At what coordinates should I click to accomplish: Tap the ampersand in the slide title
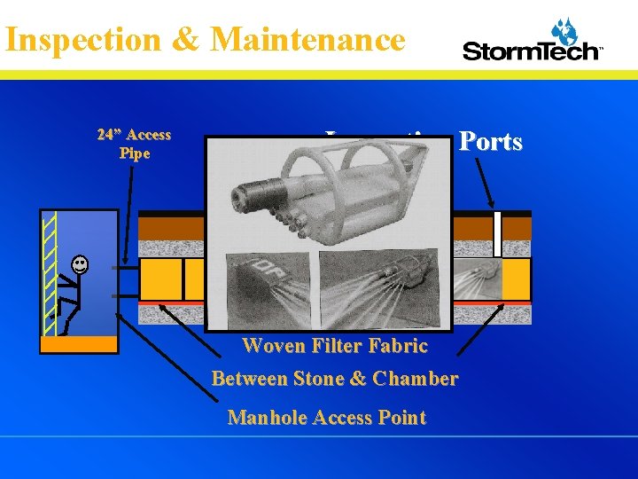181,40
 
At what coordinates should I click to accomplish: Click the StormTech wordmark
532,51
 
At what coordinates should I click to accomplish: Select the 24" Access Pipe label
135,144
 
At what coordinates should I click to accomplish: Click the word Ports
490,142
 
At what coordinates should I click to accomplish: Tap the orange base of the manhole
79,344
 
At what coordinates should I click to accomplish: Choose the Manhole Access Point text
327,418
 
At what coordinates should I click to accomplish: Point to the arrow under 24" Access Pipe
129,213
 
